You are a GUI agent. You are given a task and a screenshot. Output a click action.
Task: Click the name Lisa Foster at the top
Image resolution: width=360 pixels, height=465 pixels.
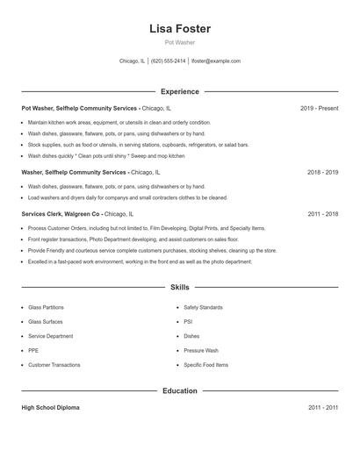point(179,28)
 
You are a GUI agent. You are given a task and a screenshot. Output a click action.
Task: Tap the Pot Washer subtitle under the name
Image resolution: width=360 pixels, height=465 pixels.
point(179,42)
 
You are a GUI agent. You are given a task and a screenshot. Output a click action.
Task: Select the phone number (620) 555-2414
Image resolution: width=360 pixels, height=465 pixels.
point(169,61)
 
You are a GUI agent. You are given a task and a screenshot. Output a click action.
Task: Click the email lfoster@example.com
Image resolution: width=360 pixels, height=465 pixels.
point(216,61)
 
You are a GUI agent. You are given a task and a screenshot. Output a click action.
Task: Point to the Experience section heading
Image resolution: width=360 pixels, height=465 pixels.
point(179,91)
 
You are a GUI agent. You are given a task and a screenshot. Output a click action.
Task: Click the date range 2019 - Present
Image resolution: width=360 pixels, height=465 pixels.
point(319,108)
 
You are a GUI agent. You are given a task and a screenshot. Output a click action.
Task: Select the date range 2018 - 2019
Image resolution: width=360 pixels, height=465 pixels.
point(322,173)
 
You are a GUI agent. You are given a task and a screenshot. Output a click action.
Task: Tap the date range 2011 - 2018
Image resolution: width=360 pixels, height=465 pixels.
point(322,213)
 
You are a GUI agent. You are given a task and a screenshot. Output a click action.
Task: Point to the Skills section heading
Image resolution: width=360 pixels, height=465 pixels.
point(179,287)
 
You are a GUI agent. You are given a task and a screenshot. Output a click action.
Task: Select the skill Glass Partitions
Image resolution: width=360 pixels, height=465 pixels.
point(46,308)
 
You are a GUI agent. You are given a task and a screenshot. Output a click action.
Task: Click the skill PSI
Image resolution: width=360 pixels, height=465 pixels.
point(188,322)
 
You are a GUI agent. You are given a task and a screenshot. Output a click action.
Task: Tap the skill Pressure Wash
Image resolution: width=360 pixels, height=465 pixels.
point(201,350)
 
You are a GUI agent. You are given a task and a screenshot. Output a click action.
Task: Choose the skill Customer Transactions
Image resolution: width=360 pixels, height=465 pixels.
point(54,365)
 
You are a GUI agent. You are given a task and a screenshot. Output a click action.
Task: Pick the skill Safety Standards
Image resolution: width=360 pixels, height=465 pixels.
point(203,308)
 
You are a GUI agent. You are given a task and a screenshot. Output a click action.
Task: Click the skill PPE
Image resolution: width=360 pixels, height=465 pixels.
point(33,350)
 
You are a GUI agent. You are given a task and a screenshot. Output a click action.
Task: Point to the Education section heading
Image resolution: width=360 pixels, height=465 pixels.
point(179,390)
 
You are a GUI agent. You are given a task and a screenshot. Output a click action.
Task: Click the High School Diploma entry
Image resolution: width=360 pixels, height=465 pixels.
point(52,408)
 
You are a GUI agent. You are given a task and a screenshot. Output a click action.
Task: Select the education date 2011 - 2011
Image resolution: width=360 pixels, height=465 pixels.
point(322,408)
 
